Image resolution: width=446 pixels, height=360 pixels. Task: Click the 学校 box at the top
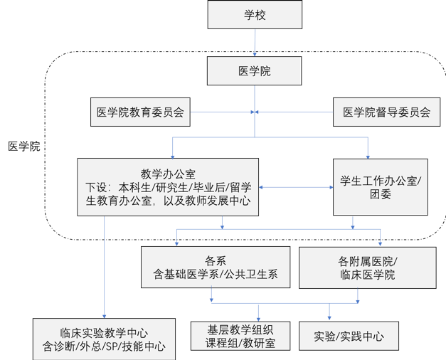point(255,16)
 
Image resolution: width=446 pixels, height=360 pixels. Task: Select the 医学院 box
point(255,72)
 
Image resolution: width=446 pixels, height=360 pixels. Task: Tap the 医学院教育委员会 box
point(140,112)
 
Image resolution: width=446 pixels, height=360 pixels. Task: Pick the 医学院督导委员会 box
point(386,112)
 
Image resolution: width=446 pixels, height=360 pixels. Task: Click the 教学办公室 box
point(168,186)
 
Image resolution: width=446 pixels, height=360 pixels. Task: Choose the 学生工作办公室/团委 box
point(380,186)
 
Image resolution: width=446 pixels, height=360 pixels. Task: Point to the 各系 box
point(215,267)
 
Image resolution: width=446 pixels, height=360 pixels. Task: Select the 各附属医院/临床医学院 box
point(366,267)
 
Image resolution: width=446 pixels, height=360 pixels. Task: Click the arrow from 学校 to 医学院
point(255,44)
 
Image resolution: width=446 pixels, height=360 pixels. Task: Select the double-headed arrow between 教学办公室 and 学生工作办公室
point(296,187)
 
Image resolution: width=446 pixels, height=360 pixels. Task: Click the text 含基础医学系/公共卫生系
point(215,274)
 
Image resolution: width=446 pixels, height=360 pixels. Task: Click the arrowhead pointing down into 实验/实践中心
point(329,317)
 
